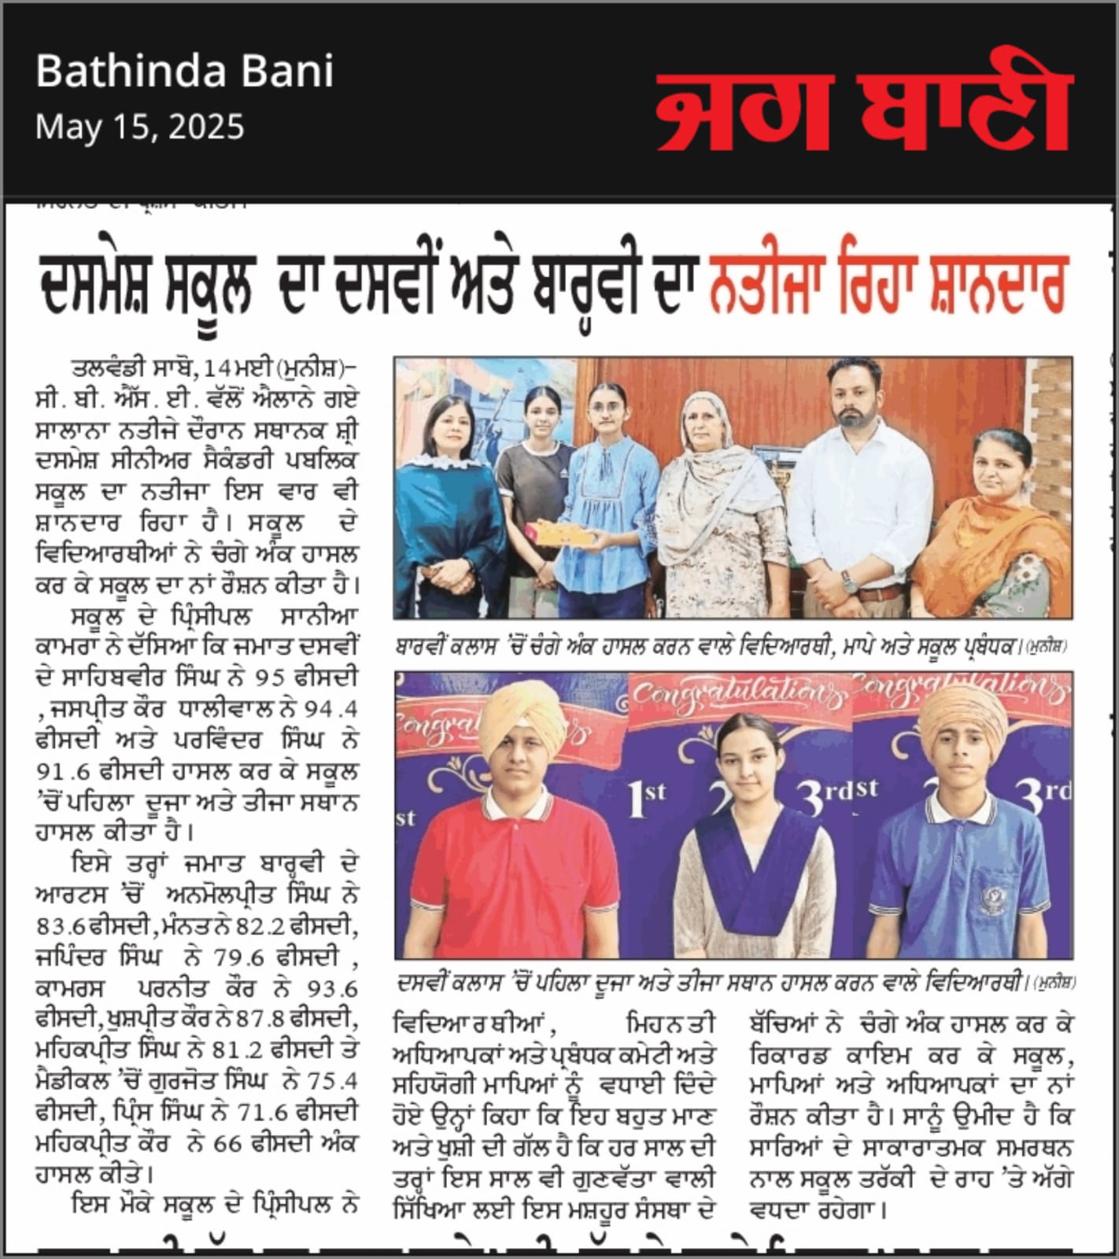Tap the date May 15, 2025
[x=140, y=127]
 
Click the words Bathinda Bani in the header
[x=185, y=72]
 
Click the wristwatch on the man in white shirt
[x=849, y=581]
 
